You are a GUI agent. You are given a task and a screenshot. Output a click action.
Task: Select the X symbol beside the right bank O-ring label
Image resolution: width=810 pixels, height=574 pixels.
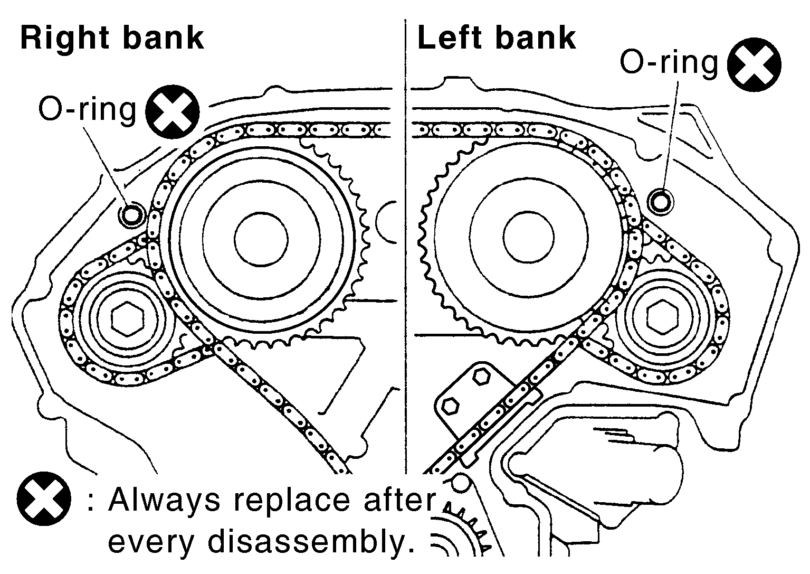point(173,112)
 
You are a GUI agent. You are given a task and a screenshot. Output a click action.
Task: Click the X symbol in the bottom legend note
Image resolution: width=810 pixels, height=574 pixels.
point(44,499)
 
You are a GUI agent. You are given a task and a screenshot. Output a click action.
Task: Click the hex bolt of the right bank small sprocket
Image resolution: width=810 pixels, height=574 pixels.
point(127,319)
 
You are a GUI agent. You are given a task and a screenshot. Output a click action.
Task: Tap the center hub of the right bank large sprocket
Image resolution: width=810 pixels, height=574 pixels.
point(261,239)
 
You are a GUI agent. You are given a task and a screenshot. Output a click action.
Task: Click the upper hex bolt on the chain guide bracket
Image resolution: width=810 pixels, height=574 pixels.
point(481,377)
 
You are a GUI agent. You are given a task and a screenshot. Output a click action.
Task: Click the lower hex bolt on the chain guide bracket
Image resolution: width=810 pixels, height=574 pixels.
point(451,406)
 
